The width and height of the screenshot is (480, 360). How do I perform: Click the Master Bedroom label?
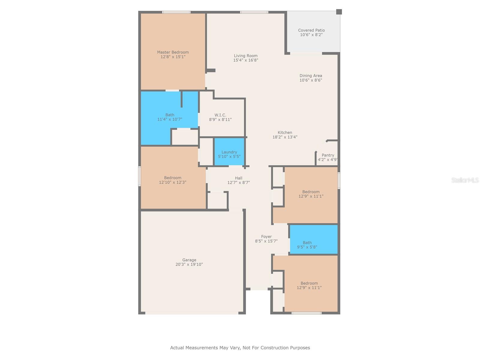[x=173, y=52]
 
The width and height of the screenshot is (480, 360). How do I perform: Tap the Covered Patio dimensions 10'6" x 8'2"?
[x=311, y=35]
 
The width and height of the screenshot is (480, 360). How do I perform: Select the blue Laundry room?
[x=229, y=152]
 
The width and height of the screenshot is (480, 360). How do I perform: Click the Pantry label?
[x=328, y=155]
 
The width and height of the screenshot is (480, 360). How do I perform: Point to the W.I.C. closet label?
[x=220, y=115]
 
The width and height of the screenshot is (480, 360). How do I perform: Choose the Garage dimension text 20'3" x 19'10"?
[x=189, y=265]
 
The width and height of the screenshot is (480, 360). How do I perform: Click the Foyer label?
[x=266, y=236]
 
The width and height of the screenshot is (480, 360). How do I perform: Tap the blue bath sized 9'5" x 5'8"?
[x=313, y=239]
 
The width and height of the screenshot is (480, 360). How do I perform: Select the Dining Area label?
[x=310, y=76]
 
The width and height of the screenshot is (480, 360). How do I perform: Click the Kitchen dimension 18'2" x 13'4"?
[x=285, y=137]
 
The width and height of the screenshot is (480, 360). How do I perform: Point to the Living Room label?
[x=245, y=55]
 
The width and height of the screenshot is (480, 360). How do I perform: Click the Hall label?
[x=238, y=178]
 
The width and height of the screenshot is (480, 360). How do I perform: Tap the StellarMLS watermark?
[x=465, y=180]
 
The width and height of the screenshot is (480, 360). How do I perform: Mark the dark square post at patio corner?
[x=339, y=12]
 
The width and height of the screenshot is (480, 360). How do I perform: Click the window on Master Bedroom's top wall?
[x=176, y=12]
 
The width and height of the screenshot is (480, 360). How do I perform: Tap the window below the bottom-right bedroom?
[x=306, y=313]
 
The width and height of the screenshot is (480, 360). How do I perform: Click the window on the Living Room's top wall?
[x=254, y=12]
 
